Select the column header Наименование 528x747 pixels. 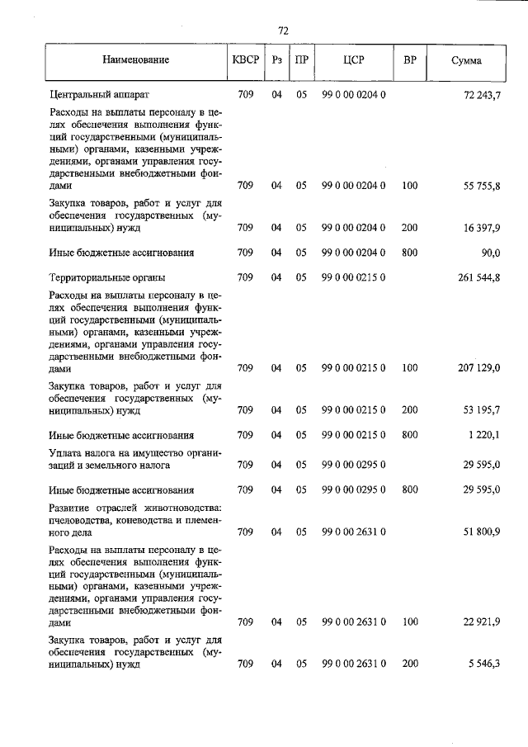pyautogui.click(x=136, y=60)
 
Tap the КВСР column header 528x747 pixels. pyautogui.click(x=245, y=60)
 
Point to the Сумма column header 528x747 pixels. pyautogui.click(x=467, y=60)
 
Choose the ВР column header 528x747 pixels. pyautogui.click(x=409, y=60)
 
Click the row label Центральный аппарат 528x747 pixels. pyautogui.click(x=99, y=96)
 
